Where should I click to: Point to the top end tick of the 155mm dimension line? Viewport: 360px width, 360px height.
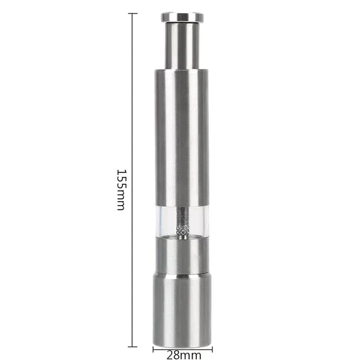pyautogui.click(x=133, y=13)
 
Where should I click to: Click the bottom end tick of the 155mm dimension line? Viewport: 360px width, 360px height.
pyautogui.click(x=133, y=346)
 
